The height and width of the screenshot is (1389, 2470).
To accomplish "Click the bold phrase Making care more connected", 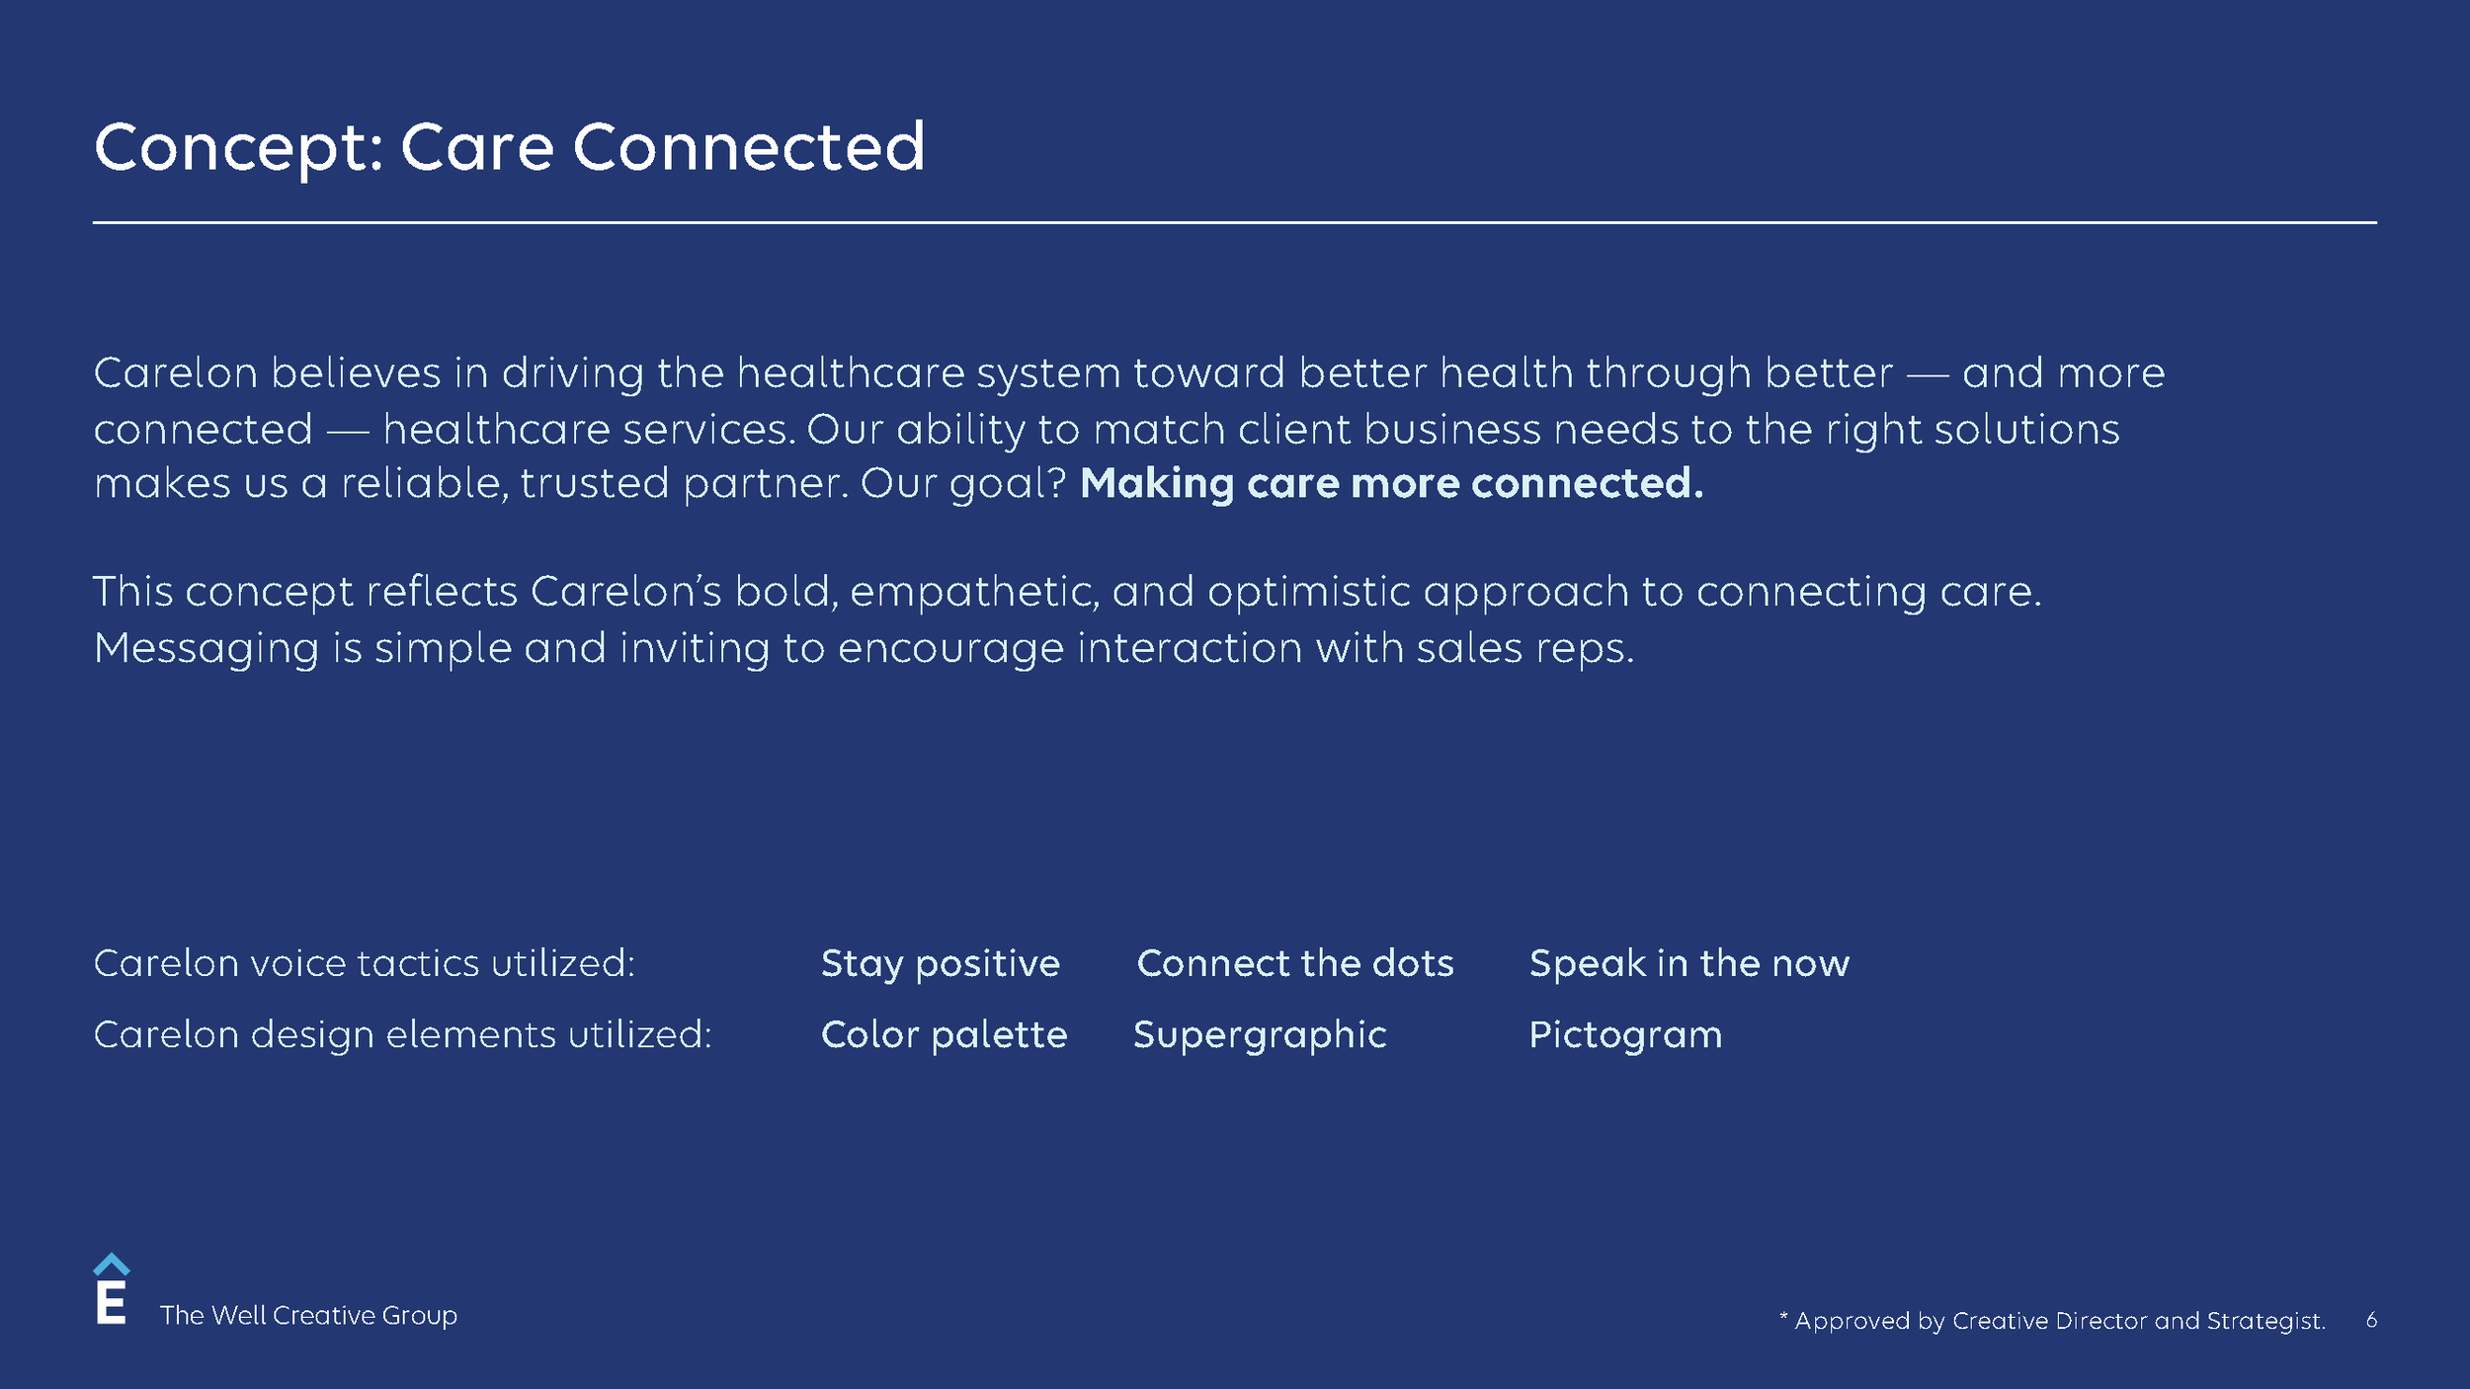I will (1391, 483).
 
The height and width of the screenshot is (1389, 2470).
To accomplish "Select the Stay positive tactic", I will (940, 963).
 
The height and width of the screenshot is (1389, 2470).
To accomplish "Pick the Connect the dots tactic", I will (1294, 963).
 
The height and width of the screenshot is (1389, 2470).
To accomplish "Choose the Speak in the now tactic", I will (1688, 963).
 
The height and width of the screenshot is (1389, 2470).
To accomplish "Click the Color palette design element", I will (944, 1034).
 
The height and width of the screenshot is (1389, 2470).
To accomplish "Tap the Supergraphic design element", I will (1260, 1034).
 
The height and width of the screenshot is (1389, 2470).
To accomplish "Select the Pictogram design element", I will (1625, 1034).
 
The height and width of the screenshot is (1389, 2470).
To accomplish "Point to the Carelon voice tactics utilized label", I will (364, 963).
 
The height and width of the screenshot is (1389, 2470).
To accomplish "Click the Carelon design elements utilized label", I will (402, 1034).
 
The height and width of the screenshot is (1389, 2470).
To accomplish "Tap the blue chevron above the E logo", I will (111, 1265).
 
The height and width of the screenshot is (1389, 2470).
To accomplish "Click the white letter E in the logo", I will (111, 1304).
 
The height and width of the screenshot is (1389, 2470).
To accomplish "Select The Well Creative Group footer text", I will (308, 1316).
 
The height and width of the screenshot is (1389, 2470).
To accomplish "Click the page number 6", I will (2371, 1320).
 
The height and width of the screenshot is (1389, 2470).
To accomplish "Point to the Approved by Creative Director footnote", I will (2052, 1321).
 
